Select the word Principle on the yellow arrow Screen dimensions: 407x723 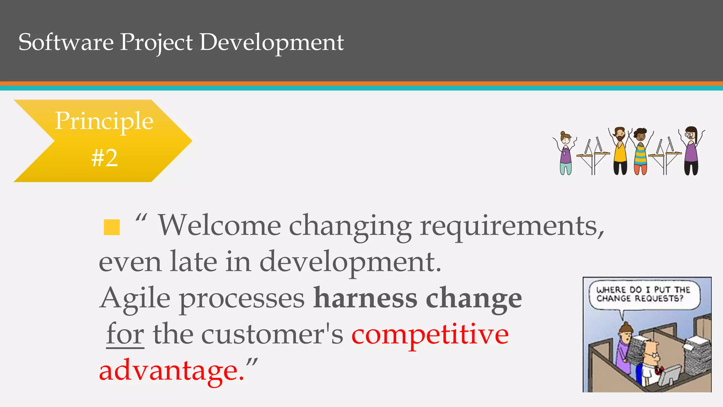pyautogui.click(x=104, y=121)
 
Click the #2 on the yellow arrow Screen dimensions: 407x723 pyautogui.click(x=104, y=158)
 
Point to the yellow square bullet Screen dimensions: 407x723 pyautogui.click(x=112, y=227)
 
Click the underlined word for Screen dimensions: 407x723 pyautogui.click(x=125, y=334)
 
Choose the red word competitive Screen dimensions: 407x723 pyautogui.click(x=430, y=334)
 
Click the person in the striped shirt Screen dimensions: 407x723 pyautogui.click(x=640, y=152)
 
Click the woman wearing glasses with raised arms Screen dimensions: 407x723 pyautogui.click(x=691, y=150)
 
